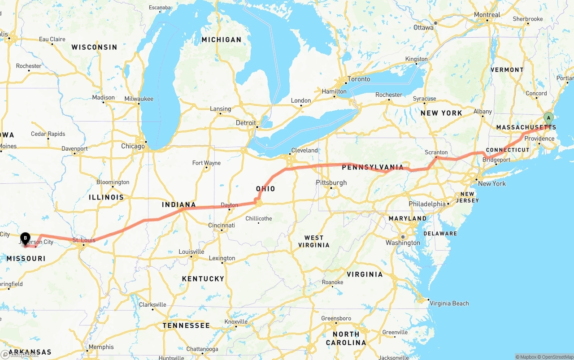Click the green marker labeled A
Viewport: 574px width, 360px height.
click(548, 118)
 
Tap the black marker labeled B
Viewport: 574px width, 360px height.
click(26, 238)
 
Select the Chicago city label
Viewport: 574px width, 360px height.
click(133, 146)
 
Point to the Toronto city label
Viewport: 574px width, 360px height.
click(359, 79)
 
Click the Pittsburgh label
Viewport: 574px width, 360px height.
click(331, 182)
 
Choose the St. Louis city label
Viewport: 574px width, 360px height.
click(84, 240)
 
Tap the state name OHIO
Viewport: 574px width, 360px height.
click(265, 189)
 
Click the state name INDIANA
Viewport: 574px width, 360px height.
click(179, 205)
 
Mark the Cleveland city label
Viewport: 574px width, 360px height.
click(304, 150)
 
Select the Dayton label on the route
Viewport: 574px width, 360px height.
click(229, 205)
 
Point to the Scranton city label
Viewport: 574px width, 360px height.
click(436, 152)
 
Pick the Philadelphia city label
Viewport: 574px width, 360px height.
click(427, 204)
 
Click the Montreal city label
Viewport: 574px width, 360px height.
click(487, 15)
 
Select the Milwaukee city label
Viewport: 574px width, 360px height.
click(139, 99)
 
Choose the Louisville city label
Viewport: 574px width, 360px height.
click(191, 252)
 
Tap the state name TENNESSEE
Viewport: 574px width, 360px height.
click(186, 325)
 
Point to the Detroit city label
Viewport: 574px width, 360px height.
click(246, 123)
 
